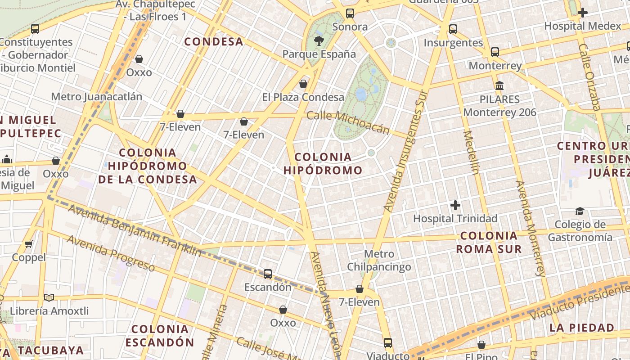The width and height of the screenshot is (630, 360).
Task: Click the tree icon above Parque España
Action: point(319,41)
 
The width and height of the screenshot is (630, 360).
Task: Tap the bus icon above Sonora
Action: point(350,13)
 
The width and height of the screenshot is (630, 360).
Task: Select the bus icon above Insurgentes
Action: point(453,29)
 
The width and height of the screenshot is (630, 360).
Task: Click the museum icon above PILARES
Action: point(499,85)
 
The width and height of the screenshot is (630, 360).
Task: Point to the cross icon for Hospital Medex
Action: point(583,12)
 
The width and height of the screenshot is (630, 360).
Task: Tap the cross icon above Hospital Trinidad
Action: point(455,206)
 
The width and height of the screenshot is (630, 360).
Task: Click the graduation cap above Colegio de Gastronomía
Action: point(580,211)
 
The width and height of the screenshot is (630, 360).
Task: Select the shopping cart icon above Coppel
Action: point(29,244)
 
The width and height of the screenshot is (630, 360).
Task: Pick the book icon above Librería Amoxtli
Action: point(49,298)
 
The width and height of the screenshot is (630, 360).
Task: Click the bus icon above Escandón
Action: point(268,274)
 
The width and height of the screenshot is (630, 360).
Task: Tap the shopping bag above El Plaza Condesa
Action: point(303,84)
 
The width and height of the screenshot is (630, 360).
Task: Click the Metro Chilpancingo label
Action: point(379,260)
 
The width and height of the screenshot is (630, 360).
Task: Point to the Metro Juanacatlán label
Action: point(96,97)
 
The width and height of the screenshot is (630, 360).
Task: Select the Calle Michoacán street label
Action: point(348,122)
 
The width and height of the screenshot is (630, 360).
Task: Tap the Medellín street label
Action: point(472,152)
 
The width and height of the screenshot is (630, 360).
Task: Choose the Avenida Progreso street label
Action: point(111,253)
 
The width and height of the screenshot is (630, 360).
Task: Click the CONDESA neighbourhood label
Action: point(214,42)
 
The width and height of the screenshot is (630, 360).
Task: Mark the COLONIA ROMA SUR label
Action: point(489,242)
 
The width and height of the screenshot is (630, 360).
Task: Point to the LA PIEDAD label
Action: point(582,327)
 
